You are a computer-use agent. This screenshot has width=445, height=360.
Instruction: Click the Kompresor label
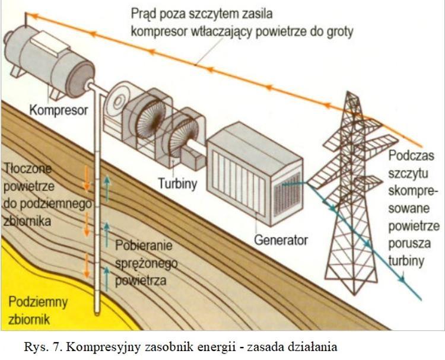pos(58,110)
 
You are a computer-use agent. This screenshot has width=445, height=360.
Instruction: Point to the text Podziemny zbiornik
pos(37,310)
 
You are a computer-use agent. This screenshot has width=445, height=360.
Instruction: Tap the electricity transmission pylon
pos(352,196)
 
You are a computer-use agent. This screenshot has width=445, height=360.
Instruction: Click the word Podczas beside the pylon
pos(413,158)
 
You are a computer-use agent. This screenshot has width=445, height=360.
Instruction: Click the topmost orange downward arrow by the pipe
pos(87,178)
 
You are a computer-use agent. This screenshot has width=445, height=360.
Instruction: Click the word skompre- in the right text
pos(414,191)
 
